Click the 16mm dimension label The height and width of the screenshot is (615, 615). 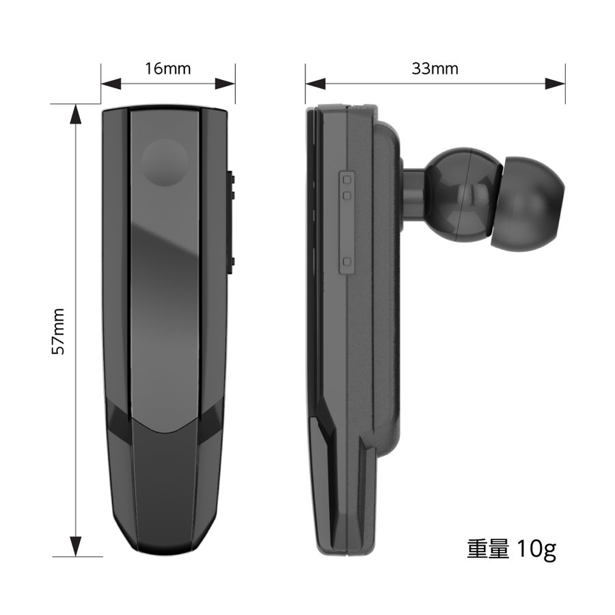pyautogui.click(x=168, y=68)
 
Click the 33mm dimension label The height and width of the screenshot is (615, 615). pyautogui.click(x=435, y=68)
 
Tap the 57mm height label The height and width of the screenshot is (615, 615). pyautogui.click(x=59, y=331)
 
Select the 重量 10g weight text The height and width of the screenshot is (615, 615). pyautogui.click(x=511, y=549)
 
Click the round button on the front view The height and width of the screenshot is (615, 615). pyautogui.click(x=164, y=162)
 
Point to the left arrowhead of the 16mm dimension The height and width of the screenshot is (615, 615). pyautogui.click(x=111, y=83)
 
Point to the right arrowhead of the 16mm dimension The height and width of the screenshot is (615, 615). pyautogui.click(x=225, y=83)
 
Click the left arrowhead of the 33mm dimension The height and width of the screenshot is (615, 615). pyautogui.click(x=315, y=83)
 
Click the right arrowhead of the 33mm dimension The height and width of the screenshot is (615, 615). pyautogui.click(x=556, y=83)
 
